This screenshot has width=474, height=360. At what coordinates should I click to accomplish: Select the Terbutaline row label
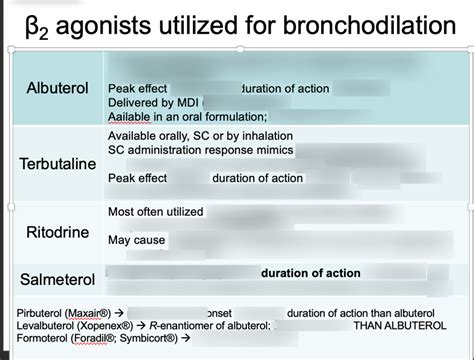tap(60, 162)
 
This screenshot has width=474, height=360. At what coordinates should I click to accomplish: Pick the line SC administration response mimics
tap(200, 150)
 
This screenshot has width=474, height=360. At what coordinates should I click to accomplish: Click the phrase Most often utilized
tap(155, 211)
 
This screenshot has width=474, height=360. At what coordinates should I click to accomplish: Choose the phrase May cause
tap(137, 240)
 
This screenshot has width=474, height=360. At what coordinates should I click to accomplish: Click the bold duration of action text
tap(317, 273)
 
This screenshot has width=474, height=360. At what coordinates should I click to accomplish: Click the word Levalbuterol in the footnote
tap(49, 326)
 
